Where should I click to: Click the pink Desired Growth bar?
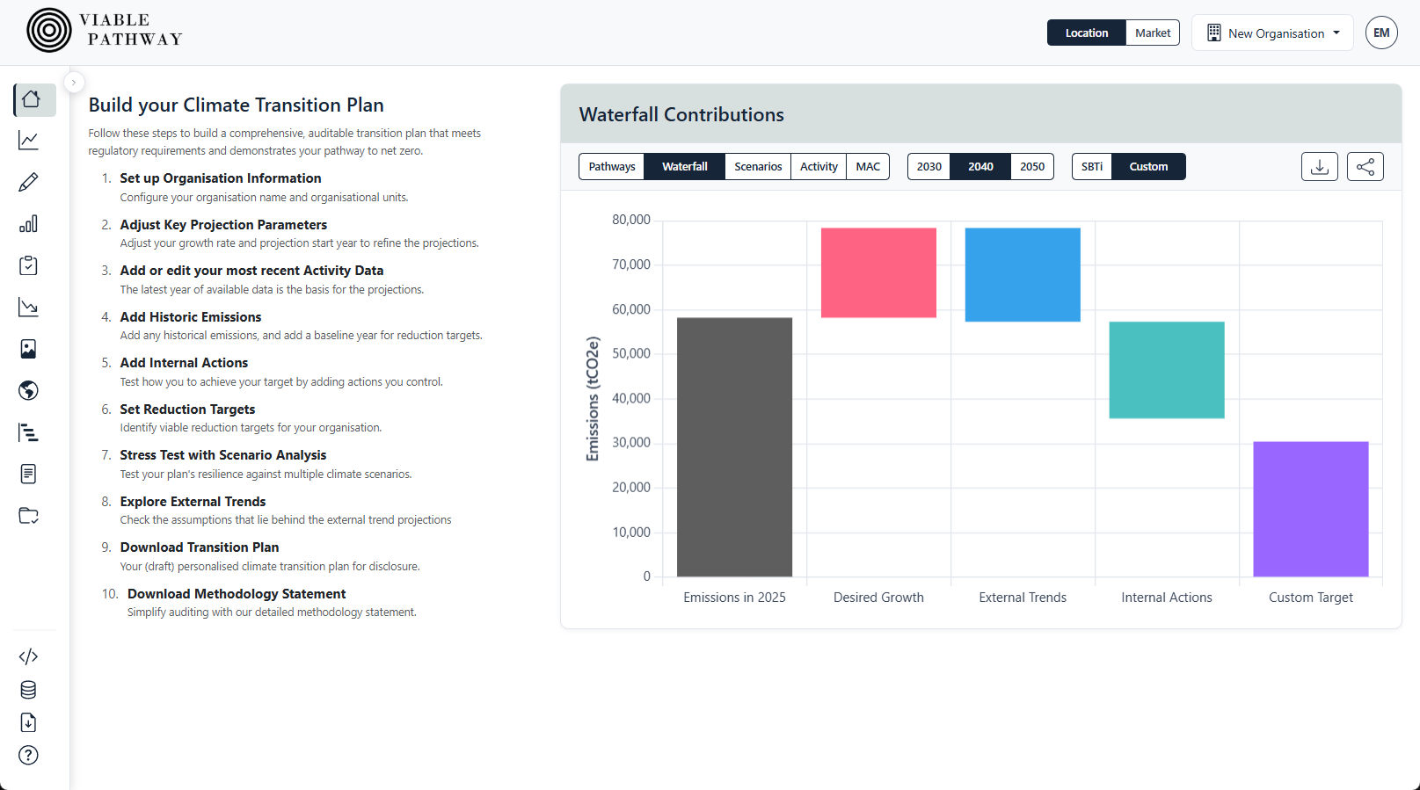(x=878, y=272)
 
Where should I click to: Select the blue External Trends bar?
(x=1023, y=274)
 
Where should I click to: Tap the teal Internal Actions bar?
(x=1167, y=369)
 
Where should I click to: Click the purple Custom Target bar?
(x=1310, y=509)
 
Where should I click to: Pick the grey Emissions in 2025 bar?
(x=734, y=446)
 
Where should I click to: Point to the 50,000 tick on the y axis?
(x=631, y=353)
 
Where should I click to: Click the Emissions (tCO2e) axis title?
(x=593, y=398)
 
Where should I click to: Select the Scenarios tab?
(x=758, y=166)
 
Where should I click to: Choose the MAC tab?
(x=868, y=166)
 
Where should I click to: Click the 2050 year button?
(x=1032, y=166)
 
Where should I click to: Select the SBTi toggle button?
(x=1092, y=166)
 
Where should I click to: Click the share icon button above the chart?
(x=1365, y=166)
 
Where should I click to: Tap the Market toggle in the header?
(x=1152, y=33)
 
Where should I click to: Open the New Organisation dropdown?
(x=1272, y=33)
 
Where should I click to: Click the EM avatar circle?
(x=1381, y=33)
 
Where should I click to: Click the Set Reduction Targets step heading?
(x=187, y=409)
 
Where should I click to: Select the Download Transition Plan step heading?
(x=200, y=547)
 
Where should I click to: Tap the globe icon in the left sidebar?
(x=28, y=390)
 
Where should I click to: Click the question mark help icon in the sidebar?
(x=28, y=755)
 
